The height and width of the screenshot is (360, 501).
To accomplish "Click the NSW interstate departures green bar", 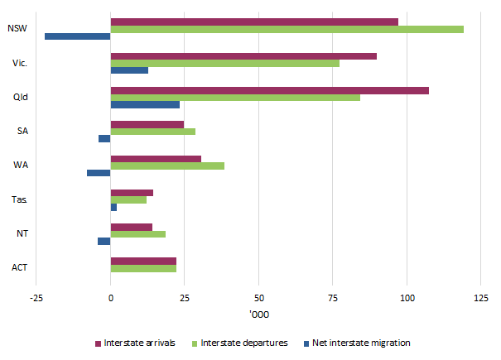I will point(287,29).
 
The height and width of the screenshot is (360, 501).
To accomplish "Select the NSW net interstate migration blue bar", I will point(77,36).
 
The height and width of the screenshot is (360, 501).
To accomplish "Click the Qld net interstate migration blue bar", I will point(145,104).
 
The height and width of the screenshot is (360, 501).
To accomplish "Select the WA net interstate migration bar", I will point(99,173).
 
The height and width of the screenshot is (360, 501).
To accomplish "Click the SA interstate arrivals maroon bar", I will point(147,124).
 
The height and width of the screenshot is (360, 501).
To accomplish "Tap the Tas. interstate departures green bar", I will point(128,199).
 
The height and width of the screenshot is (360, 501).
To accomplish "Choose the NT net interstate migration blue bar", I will point(104,241).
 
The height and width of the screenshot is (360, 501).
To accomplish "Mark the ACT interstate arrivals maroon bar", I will point(143,261).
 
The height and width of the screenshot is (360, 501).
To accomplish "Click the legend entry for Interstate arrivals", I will point(133,343).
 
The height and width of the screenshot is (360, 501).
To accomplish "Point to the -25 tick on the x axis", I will point(36,297).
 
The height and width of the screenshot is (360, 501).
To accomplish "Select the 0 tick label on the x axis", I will point(110,297).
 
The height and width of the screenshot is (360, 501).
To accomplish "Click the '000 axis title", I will point(258,315).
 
